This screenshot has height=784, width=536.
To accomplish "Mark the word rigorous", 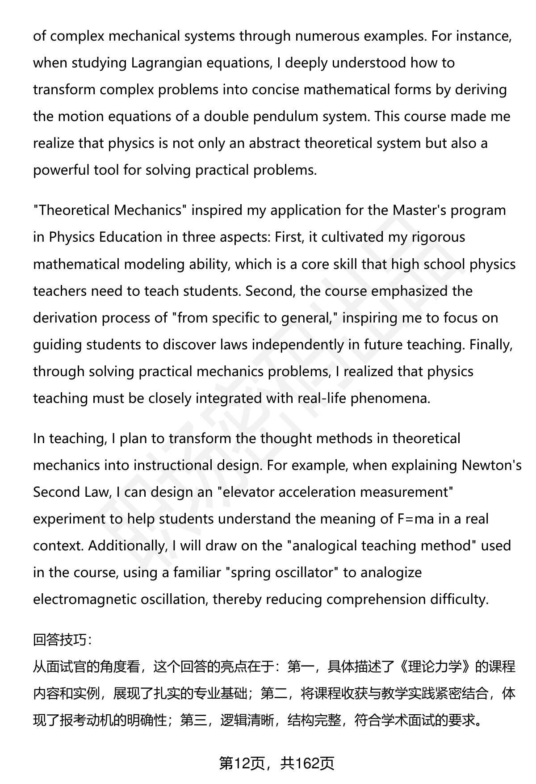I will click(x=439, y=237).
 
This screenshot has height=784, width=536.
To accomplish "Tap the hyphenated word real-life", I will click(x=322, y=398).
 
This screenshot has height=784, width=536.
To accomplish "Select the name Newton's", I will click(x=491, y=465).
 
